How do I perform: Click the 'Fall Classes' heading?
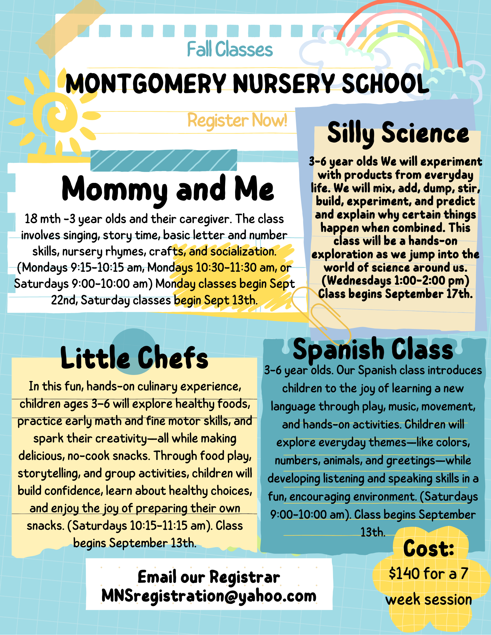pos(230,50)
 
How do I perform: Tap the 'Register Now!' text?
pos(237,120)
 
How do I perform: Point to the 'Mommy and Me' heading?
pos(167,189)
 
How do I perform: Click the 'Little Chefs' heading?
pos(134,358)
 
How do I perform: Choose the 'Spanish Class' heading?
pos(373,350)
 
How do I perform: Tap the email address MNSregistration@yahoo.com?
pos(209,596)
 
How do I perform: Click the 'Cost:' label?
pos(428,548)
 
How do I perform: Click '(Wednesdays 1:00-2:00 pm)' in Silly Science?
pos(395,280)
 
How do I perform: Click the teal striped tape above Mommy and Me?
pos(164,160)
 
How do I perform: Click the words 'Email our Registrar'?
pos(209,577)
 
